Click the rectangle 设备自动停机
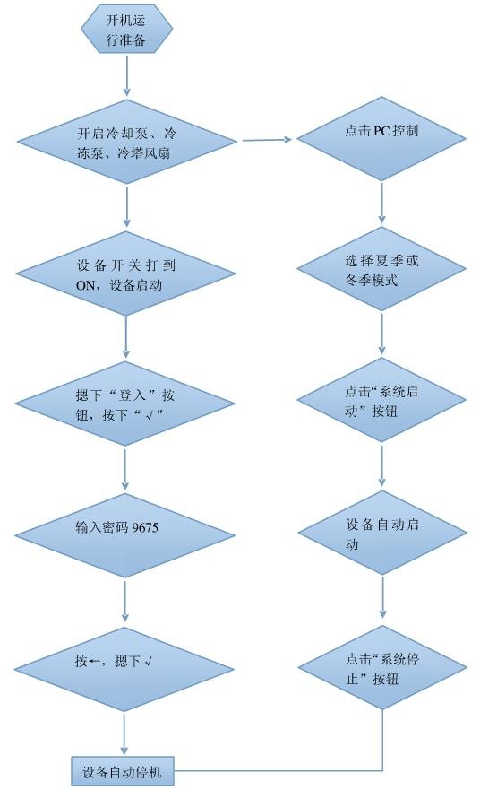coord(123,770)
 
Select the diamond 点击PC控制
coord(382,131)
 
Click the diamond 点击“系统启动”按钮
coord(382,400)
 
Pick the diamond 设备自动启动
coord(382,534)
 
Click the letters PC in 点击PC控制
coord(382,131)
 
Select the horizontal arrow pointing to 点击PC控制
coord(269,140)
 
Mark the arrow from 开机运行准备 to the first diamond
coord(126,75)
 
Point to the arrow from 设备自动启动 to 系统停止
coord(382,596)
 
